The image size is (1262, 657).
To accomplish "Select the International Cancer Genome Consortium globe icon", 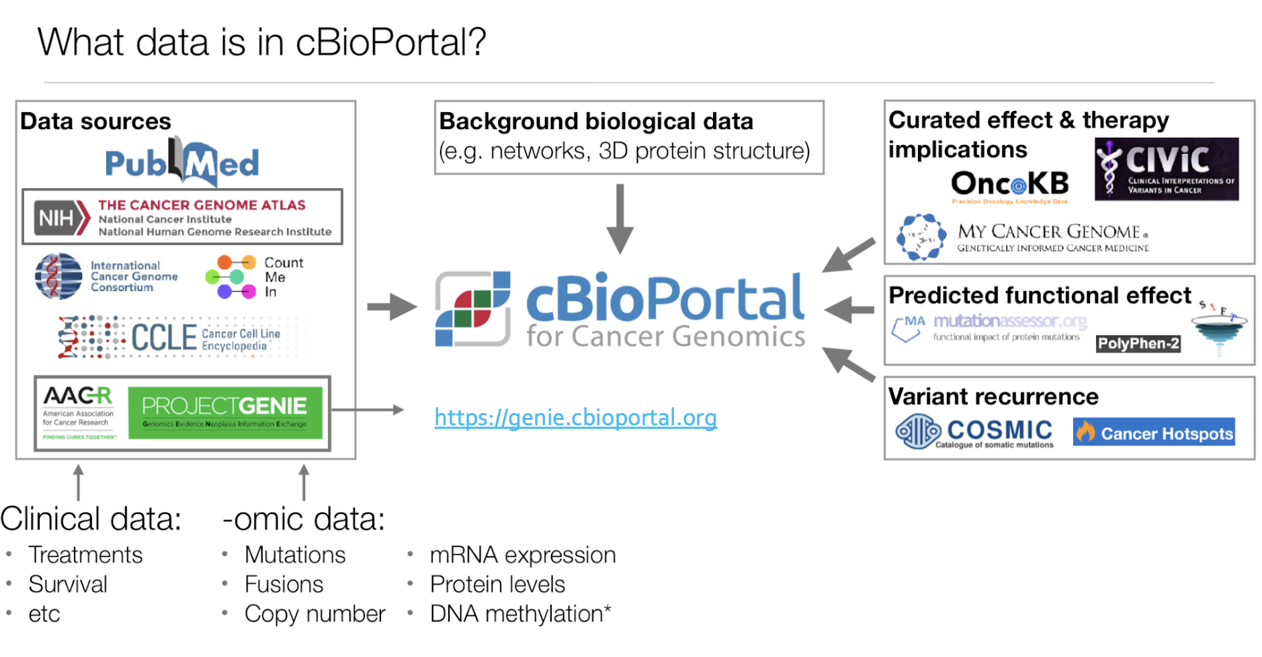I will tap(58, 276).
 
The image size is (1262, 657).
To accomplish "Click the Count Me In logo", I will tap(254, 277).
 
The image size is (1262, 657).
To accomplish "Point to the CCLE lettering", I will tap(163, 337).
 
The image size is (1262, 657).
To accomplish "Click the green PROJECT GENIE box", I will tap(224, 413).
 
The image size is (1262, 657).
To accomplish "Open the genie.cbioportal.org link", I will tap(575, 418).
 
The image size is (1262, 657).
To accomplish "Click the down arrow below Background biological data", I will tap(620, 219).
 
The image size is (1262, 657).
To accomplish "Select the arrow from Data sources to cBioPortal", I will tap(392, 307).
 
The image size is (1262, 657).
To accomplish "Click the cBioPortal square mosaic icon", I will tap(472, 309).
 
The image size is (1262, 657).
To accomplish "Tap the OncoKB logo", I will tap(1009, 183).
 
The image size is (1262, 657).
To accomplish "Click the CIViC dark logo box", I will tap(1166, 169).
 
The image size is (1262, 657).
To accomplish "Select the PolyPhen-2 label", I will tap(1138, 343).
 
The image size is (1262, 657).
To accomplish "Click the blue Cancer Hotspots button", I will tap(1154, 433).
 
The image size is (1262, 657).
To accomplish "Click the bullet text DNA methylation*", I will tap(520, 613).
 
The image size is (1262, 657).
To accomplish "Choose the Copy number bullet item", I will tap(314, 613).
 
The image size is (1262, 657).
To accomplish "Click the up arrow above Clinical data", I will tap(79, 482).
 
